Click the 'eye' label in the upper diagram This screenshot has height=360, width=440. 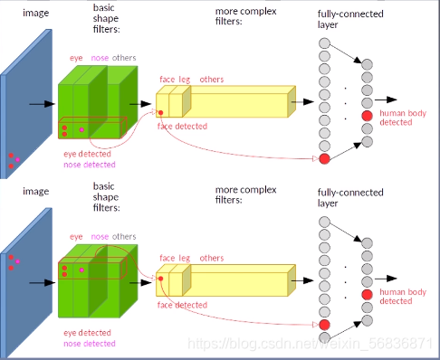(76, 58)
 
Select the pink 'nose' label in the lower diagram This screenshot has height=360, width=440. (100, 237)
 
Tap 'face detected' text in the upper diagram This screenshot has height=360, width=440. (182, 126)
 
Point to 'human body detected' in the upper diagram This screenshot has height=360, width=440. (403, 118)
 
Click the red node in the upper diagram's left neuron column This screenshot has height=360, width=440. (324, 158)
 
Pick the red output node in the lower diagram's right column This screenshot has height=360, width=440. (367, 295)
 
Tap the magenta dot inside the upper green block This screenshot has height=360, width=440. (81, 129)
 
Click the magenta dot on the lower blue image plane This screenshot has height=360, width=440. (17, 261)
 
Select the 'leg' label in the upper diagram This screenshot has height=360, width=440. (185, 80)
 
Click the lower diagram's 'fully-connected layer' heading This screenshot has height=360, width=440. (350, 198)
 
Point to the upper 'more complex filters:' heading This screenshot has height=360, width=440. (245, 16)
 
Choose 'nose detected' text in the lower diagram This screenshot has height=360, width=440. (90, 344)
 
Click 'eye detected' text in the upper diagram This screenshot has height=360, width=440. (87, 154)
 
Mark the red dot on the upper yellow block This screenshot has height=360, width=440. (161, 113)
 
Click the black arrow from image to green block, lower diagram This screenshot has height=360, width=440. (43, 283)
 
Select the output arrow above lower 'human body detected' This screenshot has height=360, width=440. (386, 279)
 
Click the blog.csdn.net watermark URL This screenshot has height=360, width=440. (311, 344)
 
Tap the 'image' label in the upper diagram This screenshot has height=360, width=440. (35, 14)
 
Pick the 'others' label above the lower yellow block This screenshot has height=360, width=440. (212, 259)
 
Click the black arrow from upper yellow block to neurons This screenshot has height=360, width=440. (302, 101)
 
